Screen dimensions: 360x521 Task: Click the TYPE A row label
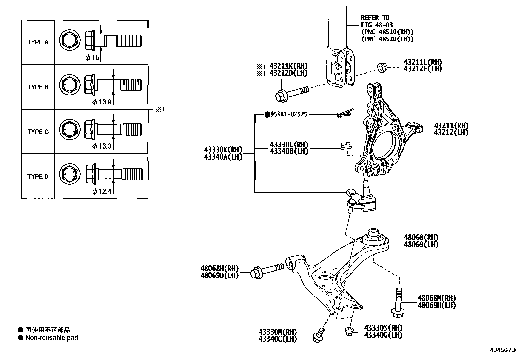pos(38,42)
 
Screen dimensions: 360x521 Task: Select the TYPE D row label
pos(38,177)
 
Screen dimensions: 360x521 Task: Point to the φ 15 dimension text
pos(92,58)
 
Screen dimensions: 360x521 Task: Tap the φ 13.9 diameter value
pos(102,102)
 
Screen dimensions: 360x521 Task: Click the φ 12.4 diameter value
pos(102,191)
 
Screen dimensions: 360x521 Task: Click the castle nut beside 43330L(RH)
pos(344,146)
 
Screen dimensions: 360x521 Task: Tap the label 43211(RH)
pos(451,125)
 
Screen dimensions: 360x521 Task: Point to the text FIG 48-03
pos(377,25)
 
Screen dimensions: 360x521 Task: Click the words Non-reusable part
pos(52,338)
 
